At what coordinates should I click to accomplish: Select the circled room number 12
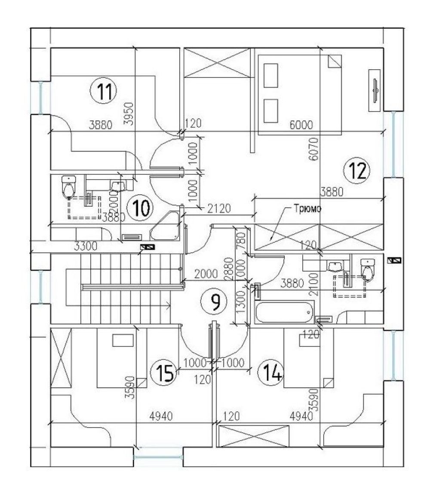(356, 171)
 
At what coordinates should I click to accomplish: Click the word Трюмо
(307, 209)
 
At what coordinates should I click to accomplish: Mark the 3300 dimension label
(86, 246)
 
